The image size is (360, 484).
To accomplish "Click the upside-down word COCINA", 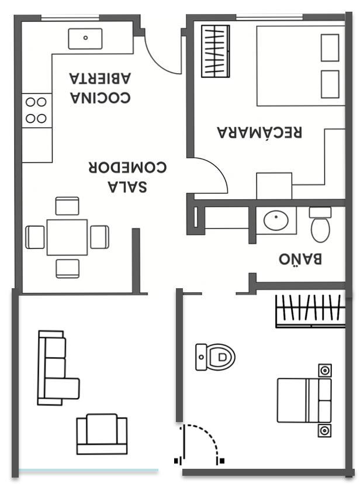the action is [x=101, y=98].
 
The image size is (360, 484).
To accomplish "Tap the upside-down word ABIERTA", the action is [x=100, y=78].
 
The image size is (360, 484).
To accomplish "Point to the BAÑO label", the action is [x=300, y=259].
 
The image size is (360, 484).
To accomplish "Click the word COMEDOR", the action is [x=127, y=167].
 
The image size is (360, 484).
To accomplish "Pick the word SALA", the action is [x=127, y=186].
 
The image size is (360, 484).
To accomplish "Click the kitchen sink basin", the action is [x=85, y=39].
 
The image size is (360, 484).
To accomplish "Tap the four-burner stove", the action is [x=37, y=110].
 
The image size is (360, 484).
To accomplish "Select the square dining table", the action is [x=67, y=237].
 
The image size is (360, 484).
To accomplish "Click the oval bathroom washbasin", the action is [x=276, y=220].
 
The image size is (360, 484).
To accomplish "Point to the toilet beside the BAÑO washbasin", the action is [x=320, y=224].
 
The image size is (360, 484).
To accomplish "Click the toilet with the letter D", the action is [x=215, y=357].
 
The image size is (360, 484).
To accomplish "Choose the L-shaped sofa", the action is [x=58, y=368].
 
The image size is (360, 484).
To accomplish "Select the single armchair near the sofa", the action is [x=102, y=434].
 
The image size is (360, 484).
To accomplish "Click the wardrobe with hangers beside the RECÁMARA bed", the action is [x=216, y=51].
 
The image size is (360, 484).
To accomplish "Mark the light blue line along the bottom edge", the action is [x=88, y=471].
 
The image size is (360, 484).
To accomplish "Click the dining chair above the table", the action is [x=67, y=206].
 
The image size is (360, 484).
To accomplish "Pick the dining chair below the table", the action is [x=68, y=268].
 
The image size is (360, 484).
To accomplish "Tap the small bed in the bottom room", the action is [x=304, y=400].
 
